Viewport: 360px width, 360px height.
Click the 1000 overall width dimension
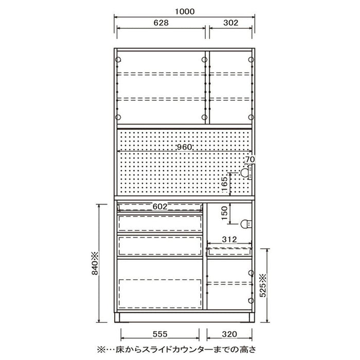tap(185, 11)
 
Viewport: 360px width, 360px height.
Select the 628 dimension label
tap(161, 23)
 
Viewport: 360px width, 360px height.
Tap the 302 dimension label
tap(231, 23)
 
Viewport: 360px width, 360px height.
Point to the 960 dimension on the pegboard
tap(184, 147)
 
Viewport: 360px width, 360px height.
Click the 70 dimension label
tap(250, 159)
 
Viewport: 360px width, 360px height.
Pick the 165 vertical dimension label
tap(225, 184)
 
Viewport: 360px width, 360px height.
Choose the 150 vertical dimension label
tap(224, 213)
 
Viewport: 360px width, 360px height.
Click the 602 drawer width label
tap(160, 207)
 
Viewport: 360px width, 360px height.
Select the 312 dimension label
tap(229, 240)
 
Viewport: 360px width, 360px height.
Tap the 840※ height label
tap(95, 263)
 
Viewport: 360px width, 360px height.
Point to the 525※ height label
tap(263, 285)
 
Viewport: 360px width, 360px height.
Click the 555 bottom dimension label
tap(160, 334)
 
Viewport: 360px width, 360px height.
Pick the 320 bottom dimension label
tap(229, 334)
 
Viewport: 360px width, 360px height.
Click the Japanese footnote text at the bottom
tap(176, 349)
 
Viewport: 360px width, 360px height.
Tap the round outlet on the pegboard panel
tap(245, 173)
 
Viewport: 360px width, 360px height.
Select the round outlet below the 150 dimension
tap(246, 224)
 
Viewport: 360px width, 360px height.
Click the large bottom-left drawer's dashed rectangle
tap(160, 294)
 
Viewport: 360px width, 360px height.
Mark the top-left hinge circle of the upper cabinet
tap(118, 60)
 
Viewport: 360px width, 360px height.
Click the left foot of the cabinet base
tap(117, 317)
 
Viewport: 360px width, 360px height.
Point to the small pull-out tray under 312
tap(229, 251)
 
